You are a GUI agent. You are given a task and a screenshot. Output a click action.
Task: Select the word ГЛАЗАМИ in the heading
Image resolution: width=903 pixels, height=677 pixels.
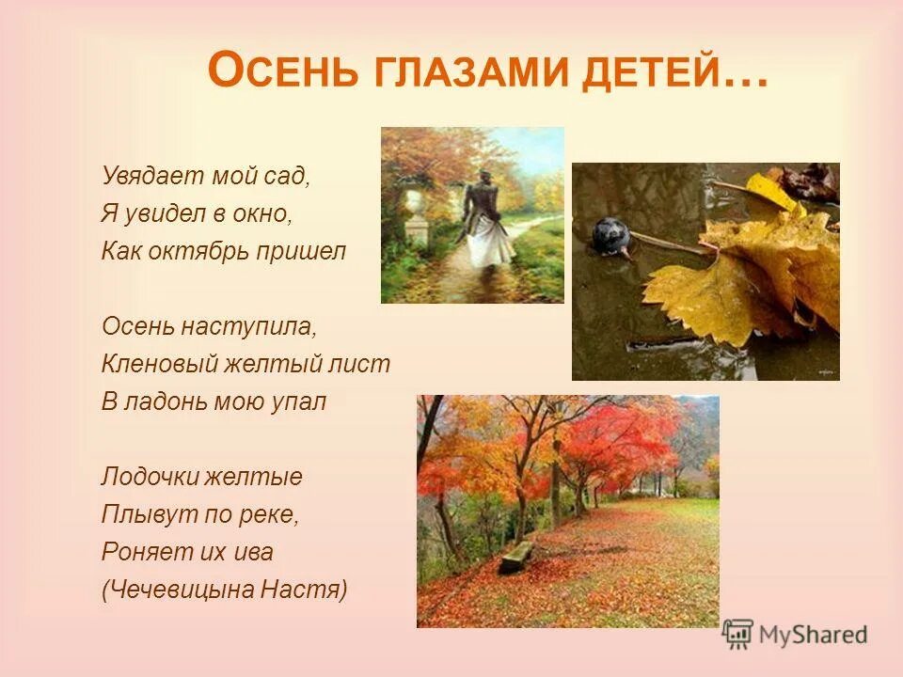click(470, 73)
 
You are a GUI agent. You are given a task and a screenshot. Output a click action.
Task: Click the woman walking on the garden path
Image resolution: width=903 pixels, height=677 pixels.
click(486, 221)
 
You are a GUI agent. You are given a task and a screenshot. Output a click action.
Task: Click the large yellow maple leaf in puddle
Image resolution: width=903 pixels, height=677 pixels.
click(743, 273)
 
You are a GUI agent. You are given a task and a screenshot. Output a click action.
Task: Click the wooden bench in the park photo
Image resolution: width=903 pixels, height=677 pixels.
click(515, 557)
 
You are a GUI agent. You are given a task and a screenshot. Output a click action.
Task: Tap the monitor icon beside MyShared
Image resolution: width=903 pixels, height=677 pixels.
click(738, 635)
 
